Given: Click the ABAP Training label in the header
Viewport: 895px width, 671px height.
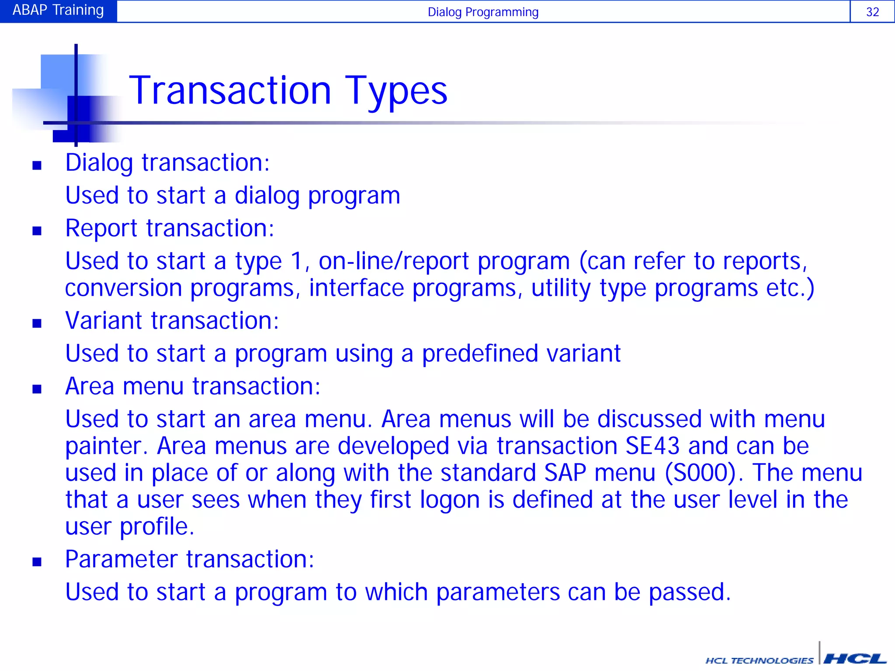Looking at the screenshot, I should (x=58, y=10).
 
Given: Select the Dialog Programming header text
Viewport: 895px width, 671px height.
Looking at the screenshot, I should (x=482, y=12).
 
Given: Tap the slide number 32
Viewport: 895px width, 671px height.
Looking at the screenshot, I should (x=872, y=12).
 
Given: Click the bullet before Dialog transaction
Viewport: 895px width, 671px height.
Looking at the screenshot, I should (x=37, y=165).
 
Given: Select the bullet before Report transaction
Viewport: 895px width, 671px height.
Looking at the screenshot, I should (x=37, y=231).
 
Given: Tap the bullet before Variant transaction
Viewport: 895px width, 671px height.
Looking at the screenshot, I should (x=37, y=323).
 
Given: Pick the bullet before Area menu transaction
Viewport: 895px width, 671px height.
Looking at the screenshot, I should (x=37, y=389).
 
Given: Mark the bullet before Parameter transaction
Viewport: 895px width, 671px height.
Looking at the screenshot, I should (x=37, y=562).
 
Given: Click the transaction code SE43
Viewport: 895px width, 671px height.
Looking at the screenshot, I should (x=652, y=446).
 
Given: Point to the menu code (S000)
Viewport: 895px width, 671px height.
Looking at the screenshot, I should (x=701, y=473).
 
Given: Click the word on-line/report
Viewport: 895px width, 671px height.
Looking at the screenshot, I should (x=393, y=262).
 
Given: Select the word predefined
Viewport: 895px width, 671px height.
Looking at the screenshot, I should (x=480, y=353).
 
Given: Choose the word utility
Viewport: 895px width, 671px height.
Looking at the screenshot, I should (x=561, y=289).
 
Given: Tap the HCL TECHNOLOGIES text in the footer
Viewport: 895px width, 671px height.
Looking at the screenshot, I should (x=759, y=660).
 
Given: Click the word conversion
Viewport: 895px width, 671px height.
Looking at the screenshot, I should (x=123, y=288).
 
